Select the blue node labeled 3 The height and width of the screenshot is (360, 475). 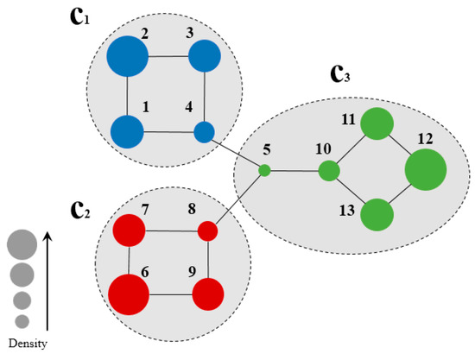tap(205, 58)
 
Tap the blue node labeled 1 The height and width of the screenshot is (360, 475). tap(128, 132)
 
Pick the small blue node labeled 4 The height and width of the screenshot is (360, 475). tap(204, 132)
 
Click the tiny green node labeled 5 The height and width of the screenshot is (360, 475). tap(265, 170)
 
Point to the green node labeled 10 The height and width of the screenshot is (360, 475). tap(327, 171)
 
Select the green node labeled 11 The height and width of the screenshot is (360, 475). tap(377, 124)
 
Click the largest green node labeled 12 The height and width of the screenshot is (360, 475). tap(425, 169)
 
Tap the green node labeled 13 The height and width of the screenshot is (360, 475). tap(377, 214)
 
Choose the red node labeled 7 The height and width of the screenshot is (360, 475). tap(130, 231)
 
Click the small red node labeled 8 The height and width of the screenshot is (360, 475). tap(207, 231)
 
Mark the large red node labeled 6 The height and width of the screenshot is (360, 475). tap(129, 294)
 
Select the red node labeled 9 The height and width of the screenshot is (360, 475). tap(207, 294)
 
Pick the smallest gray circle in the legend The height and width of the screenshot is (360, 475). tap(22, 321)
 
